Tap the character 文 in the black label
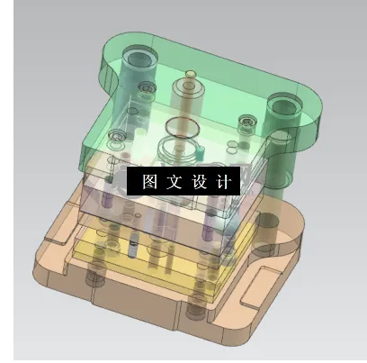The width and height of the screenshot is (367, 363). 175,180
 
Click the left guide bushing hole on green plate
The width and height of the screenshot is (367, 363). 135,63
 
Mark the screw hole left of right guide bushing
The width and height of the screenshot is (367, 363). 247,122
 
